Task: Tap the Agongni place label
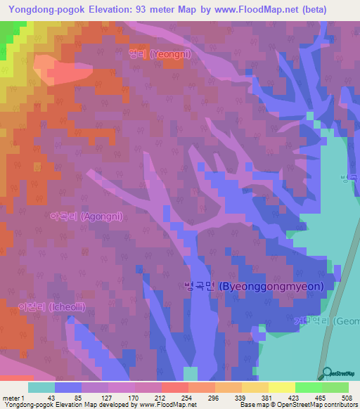[x=86, y=216]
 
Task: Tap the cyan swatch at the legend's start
[x=41, y=387]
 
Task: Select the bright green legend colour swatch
[x=308, y=387]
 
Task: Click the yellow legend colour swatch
[x=281, y=387]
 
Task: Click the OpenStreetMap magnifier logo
[x=325, y=373]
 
